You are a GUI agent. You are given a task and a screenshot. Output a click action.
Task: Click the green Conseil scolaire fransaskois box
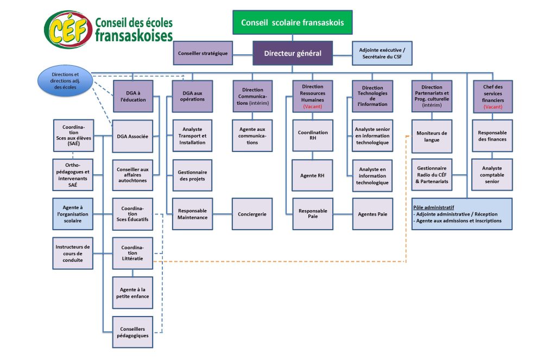tap(293, 22)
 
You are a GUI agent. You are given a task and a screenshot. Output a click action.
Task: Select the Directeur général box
tap(293, 53)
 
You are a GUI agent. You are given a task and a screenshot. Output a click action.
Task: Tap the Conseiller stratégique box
tap(203, 53)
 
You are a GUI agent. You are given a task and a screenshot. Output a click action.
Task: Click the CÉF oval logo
tap(68, 30)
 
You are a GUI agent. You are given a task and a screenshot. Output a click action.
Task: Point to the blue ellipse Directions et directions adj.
tap(65, 80)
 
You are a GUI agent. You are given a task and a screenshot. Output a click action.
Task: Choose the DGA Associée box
tap(132, 136)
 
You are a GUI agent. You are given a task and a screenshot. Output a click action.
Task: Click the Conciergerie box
tap(252, 214)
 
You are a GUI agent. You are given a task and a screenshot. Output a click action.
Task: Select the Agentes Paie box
tap(372, 214)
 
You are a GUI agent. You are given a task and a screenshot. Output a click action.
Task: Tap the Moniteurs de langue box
tap(432, 136)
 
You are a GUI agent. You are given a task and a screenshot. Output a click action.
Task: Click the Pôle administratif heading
tap(433, 207)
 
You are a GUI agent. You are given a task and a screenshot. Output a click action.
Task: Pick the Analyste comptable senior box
tap(492, 175)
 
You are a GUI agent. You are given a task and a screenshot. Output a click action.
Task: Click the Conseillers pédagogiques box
tap(132, 332)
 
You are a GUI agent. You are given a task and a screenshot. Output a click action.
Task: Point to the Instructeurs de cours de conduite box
tap(73, 253)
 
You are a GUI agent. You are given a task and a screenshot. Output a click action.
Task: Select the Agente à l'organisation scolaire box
tap(73, 214)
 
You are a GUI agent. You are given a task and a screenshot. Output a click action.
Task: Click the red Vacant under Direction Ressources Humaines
tap(313, 106)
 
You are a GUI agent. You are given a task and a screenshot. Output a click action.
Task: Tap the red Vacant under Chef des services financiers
tap(493, 107)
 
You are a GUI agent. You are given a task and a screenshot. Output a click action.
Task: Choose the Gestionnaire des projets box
tap(192, 175)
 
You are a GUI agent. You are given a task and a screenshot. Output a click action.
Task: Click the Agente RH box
tap(312, 175)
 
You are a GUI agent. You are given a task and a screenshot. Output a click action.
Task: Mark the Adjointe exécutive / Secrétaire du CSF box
tap(382, 53)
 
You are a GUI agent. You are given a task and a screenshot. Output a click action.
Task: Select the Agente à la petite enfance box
tap(132, 293)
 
